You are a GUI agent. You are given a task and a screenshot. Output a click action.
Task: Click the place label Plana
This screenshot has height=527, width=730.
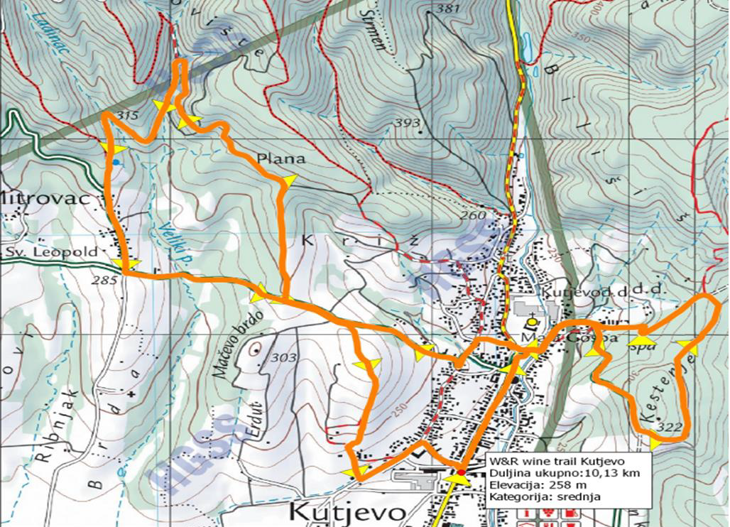point(280,159)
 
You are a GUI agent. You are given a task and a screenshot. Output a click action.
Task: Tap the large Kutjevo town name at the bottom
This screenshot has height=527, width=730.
point(349,512)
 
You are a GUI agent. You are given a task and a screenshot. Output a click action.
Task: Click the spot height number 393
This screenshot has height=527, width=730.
point(408,123)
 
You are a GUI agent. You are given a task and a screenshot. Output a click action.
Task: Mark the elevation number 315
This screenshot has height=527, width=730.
point(127,116)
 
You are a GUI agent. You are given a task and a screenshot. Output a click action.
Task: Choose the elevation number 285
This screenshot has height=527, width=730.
point(104,280)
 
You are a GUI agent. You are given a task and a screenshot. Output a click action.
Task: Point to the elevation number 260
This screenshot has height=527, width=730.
point(474,216)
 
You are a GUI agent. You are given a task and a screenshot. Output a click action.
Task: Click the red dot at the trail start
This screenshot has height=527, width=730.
point(461,472)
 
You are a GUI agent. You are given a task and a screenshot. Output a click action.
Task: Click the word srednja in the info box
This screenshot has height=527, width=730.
point(576,496)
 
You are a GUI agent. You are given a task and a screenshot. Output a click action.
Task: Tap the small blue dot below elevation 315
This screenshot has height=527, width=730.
point(116,163)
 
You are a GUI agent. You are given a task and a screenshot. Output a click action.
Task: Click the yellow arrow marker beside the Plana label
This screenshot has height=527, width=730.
point(287,182)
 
